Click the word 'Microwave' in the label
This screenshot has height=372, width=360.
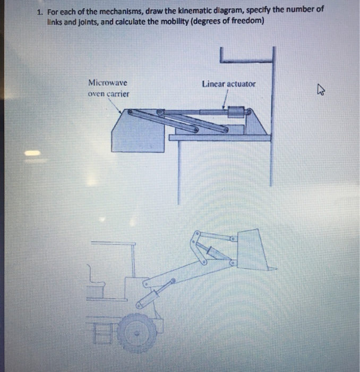point(108,83)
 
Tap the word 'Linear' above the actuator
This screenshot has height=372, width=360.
point(212,84)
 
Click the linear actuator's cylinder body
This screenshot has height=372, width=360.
point(235,112)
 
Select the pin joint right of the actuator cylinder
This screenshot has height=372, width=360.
point(247,112)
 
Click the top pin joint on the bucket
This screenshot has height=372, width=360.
point(232,240)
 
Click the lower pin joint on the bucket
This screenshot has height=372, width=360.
point(232,262)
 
